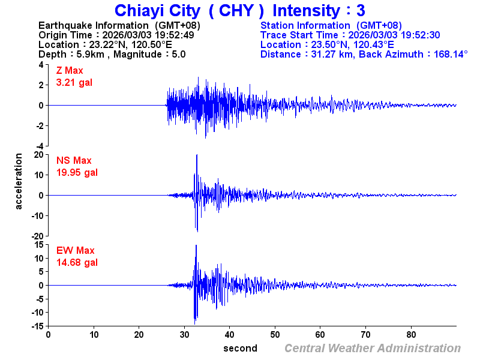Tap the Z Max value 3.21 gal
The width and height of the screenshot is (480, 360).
(74, 82)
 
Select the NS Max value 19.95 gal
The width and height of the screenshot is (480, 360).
(77, 172)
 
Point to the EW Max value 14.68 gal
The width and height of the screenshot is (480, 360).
(77, 262)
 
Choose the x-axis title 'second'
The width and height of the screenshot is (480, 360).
(240, 348)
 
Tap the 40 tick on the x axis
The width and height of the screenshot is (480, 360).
(230, 334)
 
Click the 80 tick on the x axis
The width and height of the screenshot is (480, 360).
(412, 334)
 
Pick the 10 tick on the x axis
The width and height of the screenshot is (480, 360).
(94, 334)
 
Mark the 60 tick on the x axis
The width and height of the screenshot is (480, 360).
(320, 334)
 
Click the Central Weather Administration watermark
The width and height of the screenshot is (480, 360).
(373, 348)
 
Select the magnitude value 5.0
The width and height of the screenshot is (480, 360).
(178, 54)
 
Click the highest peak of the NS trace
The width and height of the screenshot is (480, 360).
(197, 155)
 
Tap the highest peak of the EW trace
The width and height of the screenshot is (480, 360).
(196, 245)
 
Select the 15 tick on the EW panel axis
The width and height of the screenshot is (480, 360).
(38, 244)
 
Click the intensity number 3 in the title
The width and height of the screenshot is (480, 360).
(360, 11)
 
